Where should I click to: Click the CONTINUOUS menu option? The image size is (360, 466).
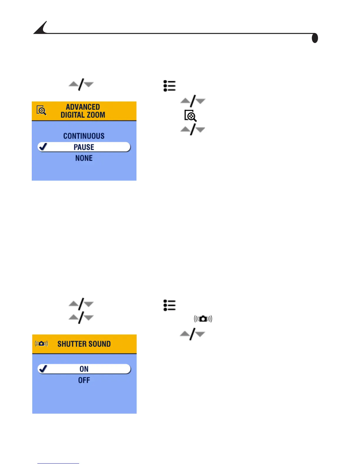coord(84,136)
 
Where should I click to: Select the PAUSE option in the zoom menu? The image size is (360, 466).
coord(84,147)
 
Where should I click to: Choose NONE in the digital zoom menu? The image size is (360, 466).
coord(84,158)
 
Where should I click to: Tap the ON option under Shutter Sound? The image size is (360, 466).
coord(84,369)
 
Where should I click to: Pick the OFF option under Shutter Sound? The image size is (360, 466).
coord(84,380)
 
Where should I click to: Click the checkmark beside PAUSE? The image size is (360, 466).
coord(43,147)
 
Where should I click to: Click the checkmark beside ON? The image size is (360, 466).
coord(43,368)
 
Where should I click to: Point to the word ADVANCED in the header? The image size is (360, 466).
coord(83,107)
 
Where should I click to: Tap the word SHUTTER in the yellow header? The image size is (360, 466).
coord(69,344)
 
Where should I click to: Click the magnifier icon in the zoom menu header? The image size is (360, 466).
coord(41,110)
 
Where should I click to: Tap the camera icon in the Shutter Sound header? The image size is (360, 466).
coord(41,343)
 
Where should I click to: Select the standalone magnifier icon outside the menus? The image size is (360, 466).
coord(190,116)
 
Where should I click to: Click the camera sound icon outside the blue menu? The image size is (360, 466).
coord(203,319)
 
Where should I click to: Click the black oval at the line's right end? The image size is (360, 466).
coord(315,38)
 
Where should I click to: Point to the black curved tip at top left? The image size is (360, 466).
coord(41,28)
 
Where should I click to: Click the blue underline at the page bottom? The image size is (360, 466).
coord(58,463)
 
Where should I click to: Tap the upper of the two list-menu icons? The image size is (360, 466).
coord(169,86)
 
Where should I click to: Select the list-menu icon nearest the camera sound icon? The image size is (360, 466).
coord(169,305)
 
